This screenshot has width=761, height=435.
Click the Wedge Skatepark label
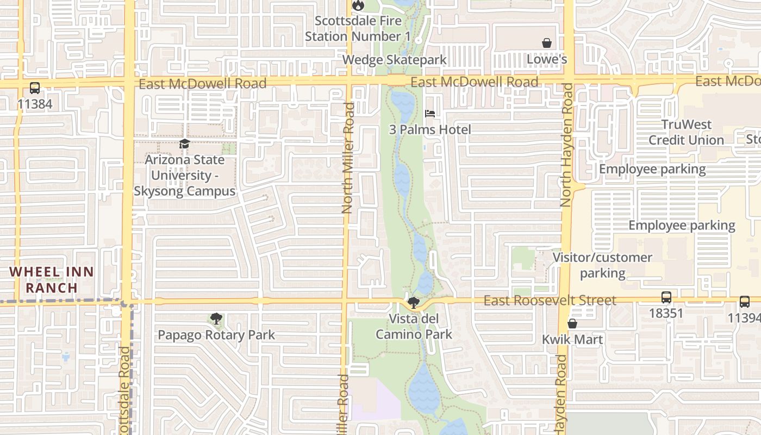pos(395,60)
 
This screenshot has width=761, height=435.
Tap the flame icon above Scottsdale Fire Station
pos(358,5)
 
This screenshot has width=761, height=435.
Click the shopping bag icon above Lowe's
pos(547,43)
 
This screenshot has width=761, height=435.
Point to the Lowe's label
pos(547,59)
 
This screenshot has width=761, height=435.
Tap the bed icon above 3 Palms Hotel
pos(430,114)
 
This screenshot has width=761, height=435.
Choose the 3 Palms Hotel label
pos(430,129)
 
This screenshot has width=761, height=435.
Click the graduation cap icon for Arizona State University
pos(184,144)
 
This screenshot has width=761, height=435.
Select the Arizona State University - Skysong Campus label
pos(184,175)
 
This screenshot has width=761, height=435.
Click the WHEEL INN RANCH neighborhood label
pos(52,279)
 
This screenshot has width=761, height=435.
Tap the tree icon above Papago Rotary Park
pos(216,319)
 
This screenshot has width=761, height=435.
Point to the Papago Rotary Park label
pos(216,335)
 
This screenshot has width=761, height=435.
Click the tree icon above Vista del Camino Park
pos(414,303)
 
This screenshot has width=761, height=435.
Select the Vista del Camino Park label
pos(414,326)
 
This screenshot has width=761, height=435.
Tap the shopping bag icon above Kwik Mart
pos(572,324)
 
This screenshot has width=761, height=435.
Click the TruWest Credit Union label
pos(687,132)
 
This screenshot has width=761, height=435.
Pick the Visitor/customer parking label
pos(602,265)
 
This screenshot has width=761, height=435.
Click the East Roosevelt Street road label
pos(550,300)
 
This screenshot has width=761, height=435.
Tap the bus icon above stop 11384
pos(35,88)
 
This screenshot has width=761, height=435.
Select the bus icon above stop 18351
pos(666,297)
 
